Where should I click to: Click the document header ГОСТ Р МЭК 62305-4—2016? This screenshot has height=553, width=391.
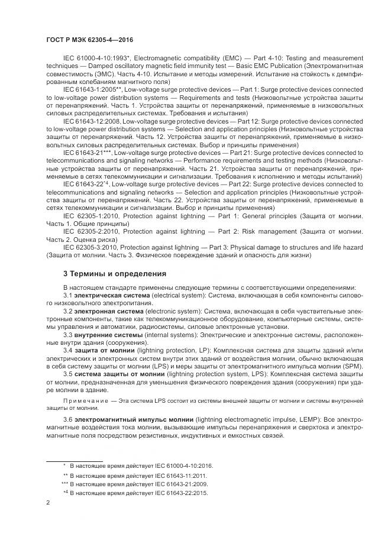click(89, 40)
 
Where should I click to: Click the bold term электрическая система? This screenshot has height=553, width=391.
click(112, 295)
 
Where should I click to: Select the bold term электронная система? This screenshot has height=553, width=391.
click(109, 311)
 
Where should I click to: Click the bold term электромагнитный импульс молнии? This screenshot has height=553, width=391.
click(127, 419)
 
